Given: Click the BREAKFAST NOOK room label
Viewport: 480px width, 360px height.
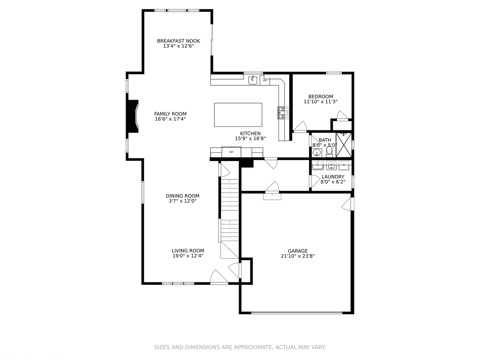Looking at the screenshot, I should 178,41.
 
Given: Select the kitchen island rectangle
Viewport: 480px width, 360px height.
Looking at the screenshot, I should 238,115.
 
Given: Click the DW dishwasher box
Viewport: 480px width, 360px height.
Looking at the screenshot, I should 265,80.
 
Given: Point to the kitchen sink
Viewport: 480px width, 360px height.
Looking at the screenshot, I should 253,80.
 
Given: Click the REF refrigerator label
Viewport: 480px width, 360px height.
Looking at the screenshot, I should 231,152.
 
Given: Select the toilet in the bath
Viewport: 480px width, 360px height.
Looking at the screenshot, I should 329,151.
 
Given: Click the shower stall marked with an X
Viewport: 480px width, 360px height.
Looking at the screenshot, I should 344,145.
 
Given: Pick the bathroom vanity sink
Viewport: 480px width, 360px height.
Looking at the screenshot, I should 317,153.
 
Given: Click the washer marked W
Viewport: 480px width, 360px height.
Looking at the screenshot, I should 331,165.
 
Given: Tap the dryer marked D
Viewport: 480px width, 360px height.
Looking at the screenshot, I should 344,165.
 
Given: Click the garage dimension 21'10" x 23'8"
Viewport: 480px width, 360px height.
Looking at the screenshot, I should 298,256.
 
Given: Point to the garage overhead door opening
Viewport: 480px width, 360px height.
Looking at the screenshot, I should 297,313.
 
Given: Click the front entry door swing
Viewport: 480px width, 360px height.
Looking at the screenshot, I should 219,277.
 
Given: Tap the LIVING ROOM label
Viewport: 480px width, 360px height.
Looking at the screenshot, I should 188,251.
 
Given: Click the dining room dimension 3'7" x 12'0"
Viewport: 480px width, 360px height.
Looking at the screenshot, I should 182,201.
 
